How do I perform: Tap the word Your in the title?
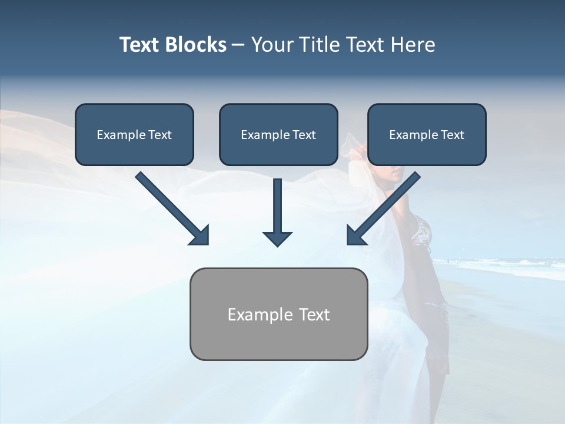274,45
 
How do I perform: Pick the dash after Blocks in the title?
238,45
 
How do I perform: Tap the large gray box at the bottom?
278,339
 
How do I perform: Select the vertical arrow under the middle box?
277,206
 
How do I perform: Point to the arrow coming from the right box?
388,203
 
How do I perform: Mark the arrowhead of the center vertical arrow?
277,238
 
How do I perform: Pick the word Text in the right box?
452,135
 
